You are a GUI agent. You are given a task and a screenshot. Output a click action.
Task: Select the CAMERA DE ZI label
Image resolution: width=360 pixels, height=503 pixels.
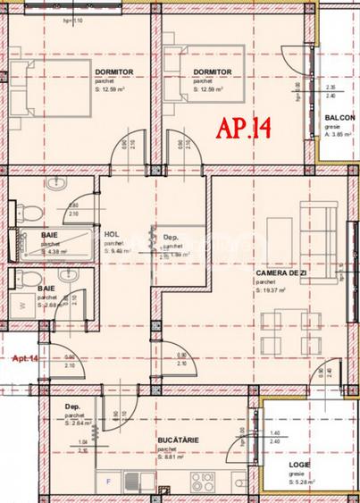click(x=277, y=273)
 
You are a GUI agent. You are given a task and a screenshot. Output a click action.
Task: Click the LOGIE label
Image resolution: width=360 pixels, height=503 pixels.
click(x=299, y=466)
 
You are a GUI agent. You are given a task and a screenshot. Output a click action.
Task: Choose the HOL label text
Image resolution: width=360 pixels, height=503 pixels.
click(x=111, y=235)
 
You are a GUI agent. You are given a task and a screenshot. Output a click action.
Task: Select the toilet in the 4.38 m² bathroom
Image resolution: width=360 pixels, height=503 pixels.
click(x=29, y=211)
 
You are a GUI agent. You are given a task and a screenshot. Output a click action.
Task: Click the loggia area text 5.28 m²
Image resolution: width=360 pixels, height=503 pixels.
click(x=299, y=482)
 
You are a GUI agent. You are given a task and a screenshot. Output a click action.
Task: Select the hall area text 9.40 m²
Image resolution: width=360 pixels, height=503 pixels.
click(x=117, y=252)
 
